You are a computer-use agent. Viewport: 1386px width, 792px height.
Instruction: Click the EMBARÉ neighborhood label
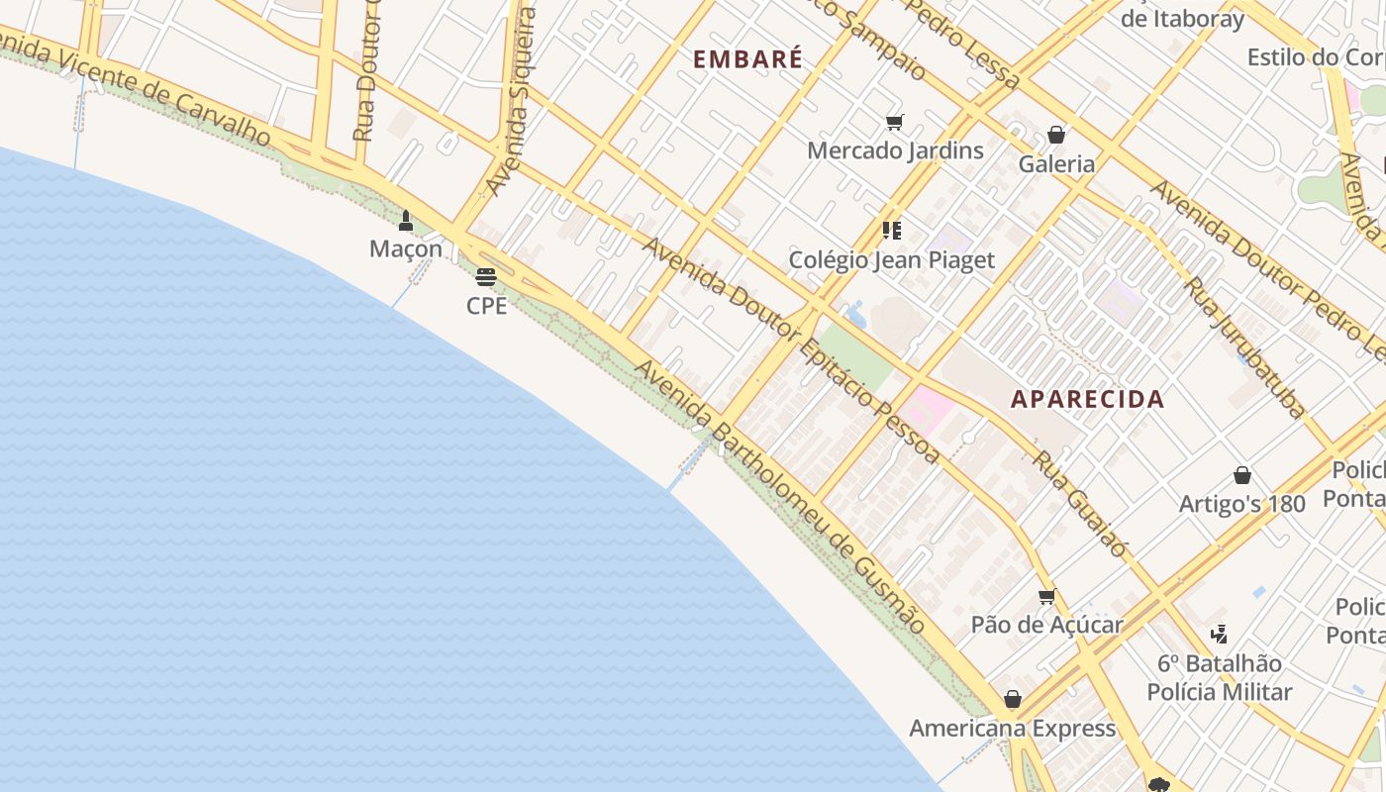[x=747, y=59]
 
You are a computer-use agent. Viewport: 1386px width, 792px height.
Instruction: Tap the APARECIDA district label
[x=1087, y=400]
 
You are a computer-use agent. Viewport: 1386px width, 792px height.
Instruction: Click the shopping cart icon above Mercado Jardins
[x=894, y=123]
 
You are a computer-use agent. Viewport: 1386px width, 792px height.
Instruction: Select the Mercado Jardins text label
[x=895, y=150]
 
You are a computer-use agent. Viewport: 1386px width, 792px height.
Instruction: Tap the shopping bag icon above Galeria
[x=1056, y=135]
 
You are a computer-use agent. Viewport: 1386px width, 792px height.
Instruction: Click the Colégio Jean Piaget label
[x=891, y=260]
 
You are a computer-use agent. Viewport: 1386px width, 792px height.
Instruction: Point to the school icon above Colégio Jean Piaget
[x=892, y=231]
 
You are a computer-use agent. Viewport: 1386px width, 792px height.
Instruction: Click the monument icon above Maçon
[x=405, y=220]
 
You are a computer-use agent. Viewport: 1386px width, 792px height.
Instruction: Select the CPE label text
[x=486, y=306]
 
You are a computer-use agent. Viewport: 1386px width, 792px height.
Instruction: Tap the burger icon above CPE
[x=485, y=277]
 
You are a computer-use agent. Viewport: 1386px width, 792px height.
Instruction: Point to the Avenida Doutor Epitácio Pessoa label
[x=791, y=349]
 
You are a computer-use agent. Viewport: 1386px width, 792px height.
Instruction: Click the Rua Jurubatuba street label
[x=1245, y=346]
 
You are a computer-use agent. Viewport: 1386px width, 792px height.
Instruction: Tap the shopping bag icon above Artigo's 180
[x=1241, y=475]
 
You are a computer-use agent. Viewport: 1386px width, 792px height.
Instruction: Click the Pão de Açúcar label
[x=1046, y=625]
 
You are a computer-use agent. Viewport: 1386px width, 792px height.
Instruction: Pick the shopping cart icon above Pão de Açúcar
[x=1046, y=596]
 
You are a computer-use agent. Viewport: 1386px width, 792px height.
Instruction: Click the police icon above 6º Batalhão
[x=1220, y=634]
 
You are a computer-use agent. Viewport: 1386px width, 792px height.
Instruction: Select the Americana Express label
[x=1012, y=729]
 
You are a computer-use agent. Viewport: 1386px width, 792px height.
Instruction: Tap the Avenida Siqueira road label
[x=511, y=102]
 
